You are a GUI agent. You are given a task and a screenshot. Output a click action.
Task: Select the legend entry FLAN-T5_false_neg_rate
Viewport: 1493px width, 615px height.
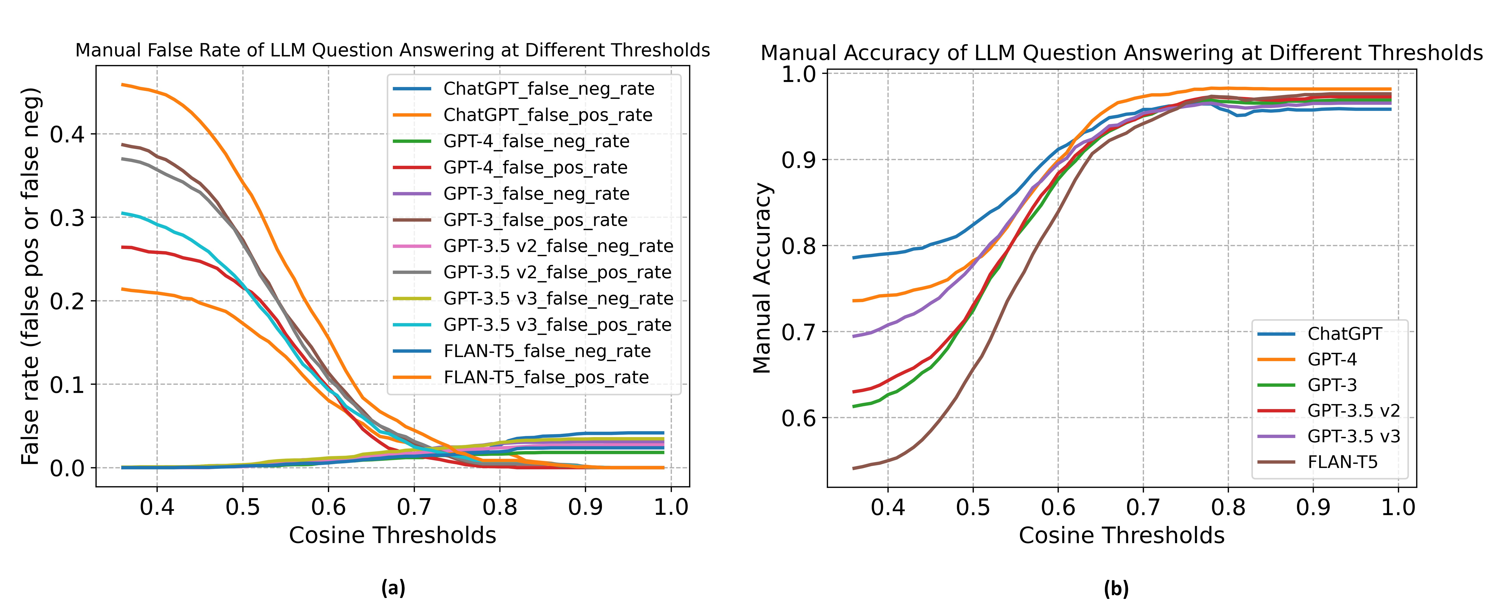click(x=547, y=351)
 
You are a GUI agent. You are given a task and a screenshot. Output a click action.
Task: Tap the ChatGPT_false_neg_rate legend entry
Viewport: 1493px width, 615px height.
click(x=548, y=89)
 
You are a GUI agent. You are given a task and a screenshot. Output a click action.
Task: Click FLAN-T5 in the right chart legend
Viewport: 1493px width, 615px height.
click(x=1342, y=462)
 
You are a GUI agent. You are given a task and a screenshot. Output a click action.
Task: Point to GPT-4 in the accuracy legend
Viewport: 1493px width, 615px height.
click(x=1332, y=360)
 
